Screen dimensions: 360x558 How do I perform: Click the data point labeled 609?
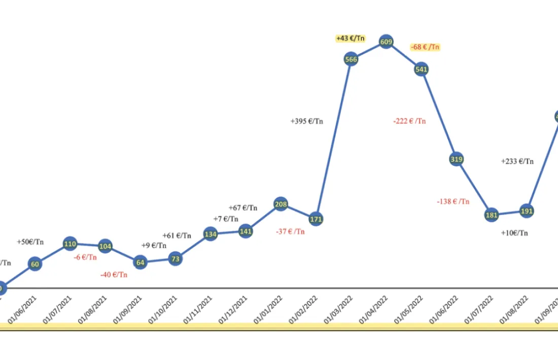(386, 43)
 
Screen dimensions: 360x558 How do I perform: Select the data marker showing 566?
(351, 59)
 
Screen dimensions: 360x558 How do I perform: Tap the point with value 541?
(422, 69)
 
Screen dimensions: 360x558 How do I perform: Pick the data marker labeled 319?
(457, 159)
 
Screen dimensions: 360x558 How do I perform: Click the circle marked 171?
(316, 219)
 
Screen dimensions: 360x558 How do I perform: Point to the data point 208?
(281, 205)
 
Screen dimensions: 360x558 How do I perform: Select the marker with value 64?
(140, 263)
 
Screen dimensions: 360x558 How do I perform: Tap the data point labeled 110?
(70, 244)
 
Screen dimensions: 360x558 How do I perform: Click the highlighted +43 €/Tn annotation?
(351, 39)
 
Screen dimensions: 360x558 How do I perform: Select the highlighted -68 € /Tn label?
(425, 47)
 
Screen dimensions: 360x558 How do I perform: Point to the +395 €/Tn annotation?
(306, 121)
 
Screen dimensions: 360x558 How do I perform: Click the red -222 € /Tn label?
(409, 121)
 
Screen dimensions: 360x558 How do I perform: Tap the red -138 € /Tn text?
(453, 201)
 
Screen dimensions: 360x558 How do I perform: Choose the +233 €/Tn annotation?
(517, 161)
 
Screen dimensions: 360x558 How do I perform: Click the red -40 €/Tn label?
(114, 274)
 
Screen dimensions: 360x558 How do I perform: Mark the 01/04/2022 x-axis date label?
(373, 309)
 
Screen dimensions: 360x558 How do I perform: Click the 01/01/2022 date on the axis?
(268, 309)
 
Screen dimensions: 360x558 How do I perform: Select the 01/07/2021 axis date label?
(57, 309)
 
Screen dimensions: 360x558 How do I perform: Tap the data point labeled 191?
(527, 211)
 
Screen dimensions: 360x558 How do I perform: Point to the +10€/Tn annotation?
(514, 233)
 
